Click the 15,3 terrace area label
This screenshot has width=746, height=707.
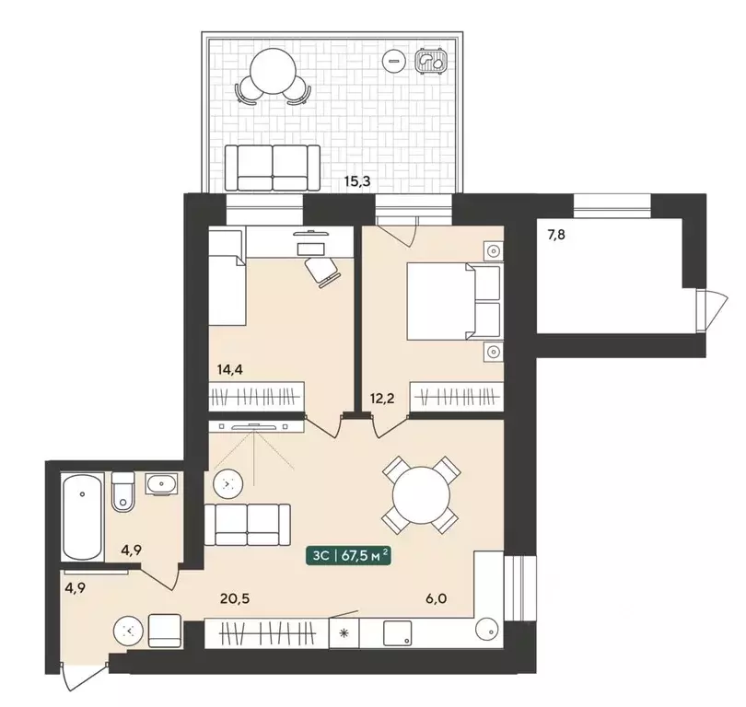(x=357, y=181)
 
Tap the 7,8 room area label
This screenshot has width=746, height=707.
(x=556, y=235)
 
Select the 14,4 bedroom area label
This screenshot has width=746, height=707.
(x=230, y=369)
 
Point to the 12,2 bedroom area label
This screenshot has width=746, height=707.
(x=382, y=398)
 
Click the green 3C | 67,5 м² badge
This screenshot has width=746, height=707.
(x=348, y=556)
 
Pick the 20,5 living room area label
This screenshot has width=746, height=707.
(x=235, y=598)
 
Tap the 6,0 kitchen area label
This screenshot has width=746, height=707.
(x=437, y=598)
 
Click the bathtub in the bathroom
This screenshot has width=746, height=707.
(x=82, y=516)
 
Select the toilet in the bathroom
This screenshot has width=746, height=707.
(x=123, y=493)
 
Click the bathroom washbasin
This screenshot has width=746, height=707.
(x=162, y=484)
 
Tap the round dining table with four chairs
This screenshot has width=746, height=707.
(x=421, y=495)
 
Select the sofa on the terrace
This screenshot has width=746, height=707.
(x=273, y=168)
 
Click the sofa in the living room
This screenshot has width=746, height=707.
(x=247, y=525)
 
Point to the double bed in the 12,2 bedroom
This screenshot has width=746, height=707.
(x=454, y=302)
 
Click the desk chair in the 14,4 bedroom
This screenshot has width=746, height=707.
(x=322, y=272)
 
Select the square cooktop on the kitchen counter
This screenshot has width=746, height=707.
(x=397, y=633)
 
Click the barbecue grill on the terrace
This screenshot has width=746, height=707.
(x=432, y=61)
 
